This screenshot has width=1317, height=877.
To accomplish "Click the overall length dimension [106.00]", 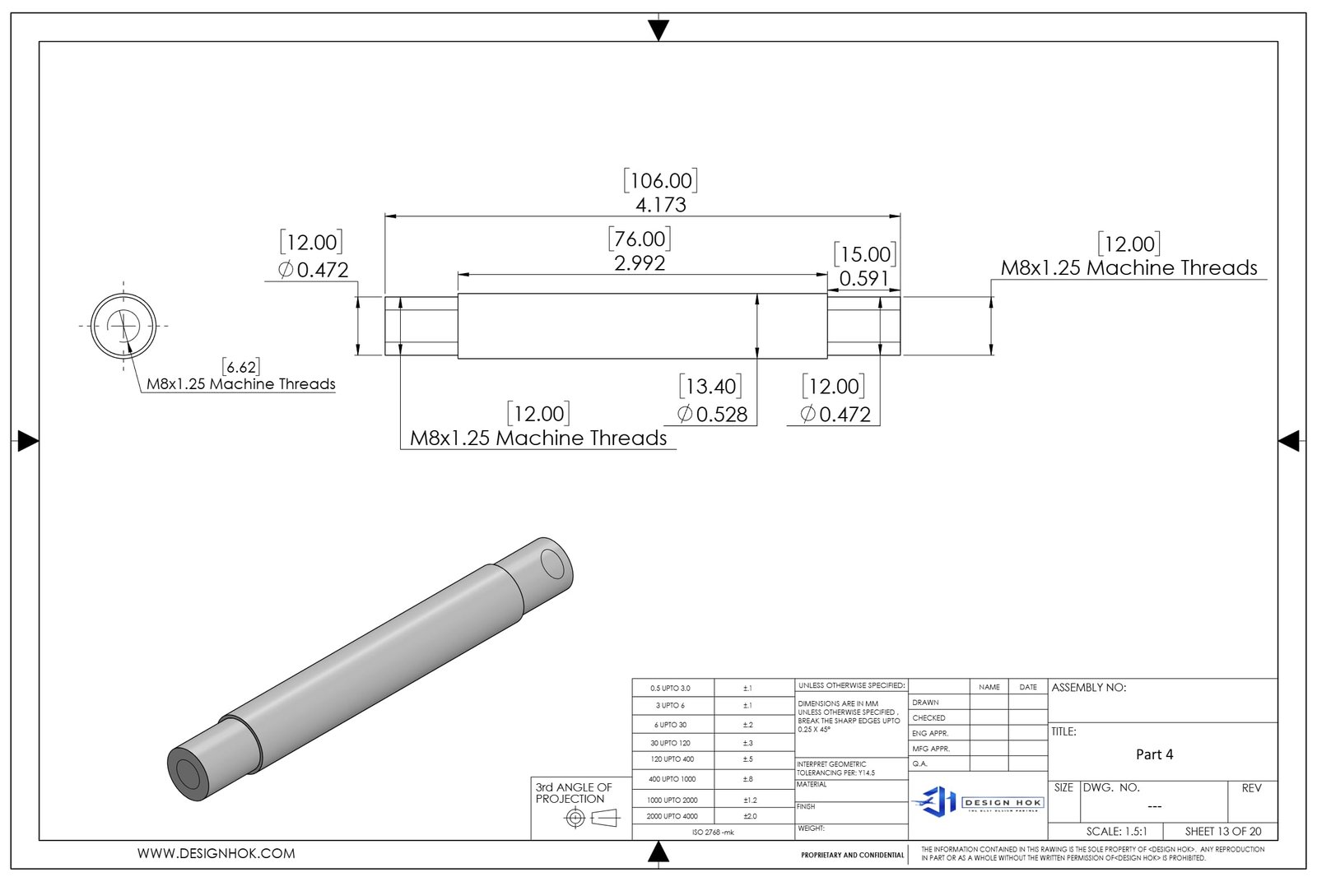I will click(660, 181).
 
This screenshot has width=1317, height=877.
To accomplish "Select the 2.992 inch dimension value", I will click(640, 263).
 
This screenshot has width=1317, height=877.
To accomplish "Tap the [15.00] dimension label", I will click(864, 254).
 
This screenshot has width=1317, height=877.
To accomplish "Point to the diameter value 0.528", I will click(721, 415).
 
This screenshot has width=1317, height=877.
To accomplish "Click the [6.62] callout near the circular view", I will click(240, 367).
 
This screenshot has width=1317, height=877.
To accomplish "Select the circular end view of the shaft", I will click(123, 326).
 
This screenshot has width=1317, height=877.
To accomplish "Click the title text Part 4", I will click(1154, 754).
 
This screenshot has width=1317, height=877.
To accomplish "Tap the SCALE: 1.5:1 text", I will click(1116, 831).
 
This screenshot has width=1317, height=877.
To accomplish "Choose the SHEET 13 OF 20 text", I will click(1222, 831).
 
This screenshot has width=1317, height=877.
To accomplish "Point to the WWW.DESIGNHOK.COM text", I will click(216, 854).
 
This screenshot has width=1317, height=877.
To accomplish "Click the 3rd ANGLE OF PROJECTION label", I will click(574, 793).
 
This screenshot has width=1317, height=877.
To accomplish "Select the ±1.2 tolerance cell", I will click(749, 800).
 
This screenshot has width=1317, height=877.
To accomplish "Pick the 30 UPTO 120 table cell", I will click(670, 743).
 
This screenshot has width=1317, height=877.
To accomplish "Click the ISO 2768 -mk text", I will click(713, 833).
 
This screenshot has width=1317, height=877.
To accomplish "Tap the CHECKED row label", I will click(928, 718).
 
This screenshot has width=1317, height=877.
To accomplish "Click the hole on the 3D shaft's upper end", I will click(552, 564).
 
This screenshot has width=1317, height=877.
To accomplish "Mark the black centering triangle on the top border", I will click(658, 30).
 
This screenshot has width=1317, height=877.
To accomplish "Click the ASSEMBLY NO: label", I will click(1088, 688).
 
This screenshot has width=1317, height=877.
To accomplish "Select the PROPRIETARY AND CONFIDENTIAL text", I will click(852, 856).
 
